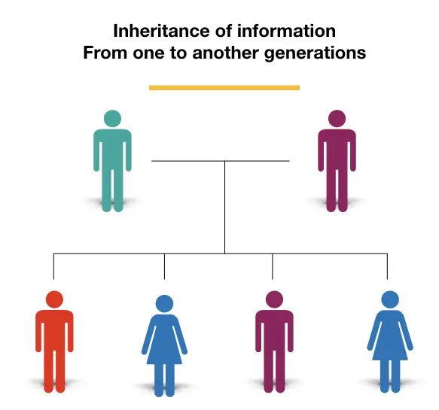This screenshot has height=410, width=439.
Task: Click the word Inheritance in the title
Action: [162, 31]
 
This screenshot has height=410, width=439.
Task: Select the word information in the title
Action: [286, 31]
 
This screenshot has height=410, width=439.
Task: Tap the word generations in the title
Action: [315, 53]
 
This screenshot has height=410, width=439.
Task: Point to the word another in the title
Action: [225, 53]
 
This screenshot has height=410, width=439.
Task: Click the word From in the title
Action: [105, 53]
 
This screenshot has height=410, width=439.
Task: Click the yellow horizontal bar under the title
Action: [224, 88]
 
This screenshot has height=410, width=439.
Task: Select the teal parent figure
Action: [112, 161]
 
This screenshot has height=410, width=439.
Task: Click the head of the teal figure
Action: [112, 118]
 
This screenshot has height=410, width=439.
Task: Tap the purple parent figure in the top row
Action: [337, 161]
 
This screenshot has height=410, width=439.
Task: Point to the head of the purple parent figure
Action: [337, 118]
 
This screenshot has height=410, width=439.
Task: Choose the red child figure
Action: [54, 342]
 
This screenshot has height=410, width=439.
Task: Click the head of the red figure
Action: [54, 299]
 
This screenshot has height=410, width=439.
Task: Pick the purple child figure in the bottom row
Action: [274, 342]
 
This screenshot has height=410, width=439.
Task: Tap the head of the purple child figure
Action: [274, 299]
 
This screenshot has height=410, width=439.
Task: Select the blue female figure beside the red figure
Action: [164, 345]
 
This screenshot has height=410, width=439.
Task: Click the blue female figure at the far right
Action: [390, 342]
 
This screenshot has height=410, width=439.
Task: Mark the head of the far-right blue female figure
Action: [390, 299]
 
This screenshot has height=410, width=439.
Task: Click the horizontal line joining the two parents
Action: [221, 161]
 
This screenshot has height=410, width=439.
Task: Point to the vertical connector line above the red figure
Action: [53, 266]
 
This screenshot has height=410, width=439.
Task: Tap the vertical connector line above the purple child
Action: [273, 266]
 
